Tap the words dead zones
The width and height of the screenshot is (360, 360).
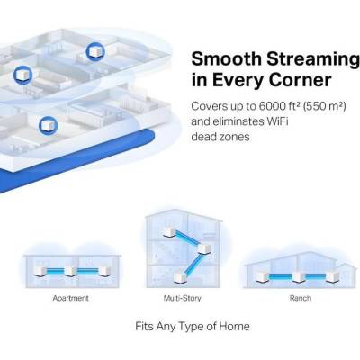(x=220, y=137)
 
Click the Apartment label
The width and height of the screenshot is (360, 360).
(x=71, y=298)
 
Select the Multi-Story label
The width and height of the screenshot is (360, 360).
(x=182, y=298)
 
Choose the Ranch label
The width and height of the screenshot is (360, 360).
(x=301, y=298)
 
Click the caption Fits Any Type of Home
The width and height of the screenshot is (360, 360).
(x=193, y=326)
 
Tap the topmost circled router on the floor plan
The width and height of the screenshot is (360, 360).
(x=95, y=52)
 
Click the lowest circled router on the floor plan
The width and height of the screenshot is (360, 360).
(x=48, y=125)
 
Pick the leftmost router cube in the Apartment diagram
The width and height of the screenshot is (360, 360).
(x=40, y=271)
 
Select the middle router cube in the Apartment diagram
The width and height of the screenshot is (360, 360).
(x=71, y=271)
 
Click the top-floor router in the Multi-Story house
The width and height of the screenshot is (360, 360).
(x=169, y=233)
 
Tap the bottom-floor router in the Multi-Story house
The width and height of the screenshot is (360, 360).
(x=180, y=277)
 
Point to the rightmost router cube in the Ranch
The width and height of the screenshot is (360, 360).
(x=333, y=276)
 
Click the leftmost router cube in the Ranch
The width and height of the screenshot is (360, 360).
(x=263, y=276)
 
